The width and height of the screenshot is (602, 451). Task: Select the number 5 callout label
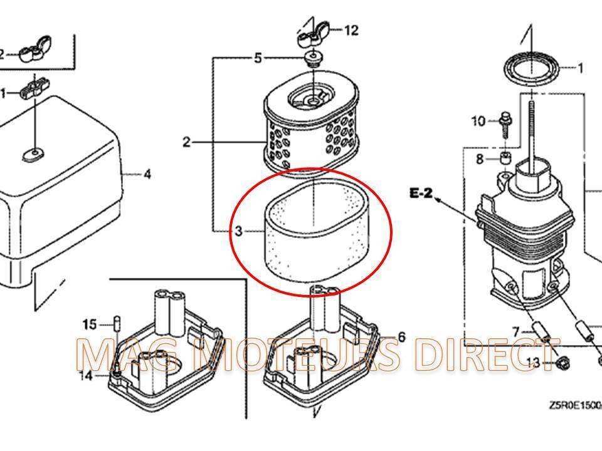pos(258,58)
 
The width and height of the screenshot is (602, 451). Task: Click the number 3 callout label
pos(239,231)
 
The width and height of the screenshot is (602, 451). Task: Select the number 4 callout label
pos(147,175)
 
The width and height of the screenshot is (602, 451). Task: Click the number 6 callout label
pos(402,337)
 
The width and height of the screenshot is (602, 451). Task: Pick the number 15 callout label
pos(90,324)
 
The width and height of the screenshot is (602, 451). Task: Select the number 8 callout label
pos(480,159)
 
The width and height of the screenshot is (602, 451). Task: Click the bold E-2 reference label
pos(422,193)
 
